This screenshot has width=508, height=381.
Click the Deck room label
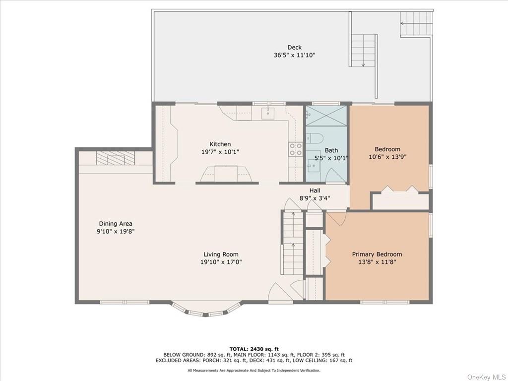click(x=294, y=47)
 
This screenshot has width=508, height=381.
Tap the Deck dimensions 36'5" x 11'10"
click(x=294, y=55)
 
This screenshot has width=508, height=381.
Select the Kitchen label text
click(x=220, y=144)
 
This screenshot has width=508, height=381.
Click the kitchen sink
click(x=268, y=114)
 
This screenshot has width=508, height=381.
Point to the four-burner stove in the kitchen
click(x=296, y=149)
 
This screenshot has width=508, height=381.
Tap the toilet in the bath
click(x=315, y=139)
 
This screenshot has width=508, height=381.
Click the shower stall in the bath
click(x=326, y=116)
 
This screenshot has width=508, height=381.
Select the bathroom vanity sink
click(x=314, y=166)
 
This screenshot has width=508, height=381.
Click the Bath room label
click(x=331, y=150)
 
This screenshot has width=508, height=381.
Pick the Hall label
click(x=315, y=190)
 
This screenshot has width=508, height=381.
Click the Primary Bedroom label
click(x=377, y=254)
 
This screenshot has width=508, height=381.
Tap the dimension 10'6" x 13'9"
click(x=387, y=157)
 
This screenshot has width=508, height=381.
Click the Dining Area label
click(x=115, y=224)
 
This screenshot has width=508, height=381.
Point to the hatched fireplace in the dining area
click(x=115, y=158)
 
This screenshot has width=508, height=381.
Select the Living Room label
click(x=221, y=254)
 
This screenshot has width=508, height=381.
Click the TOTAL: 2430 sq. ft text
click(x=254, y=349)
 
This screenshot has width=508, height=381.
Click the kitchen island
click(x=226, y=174)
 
